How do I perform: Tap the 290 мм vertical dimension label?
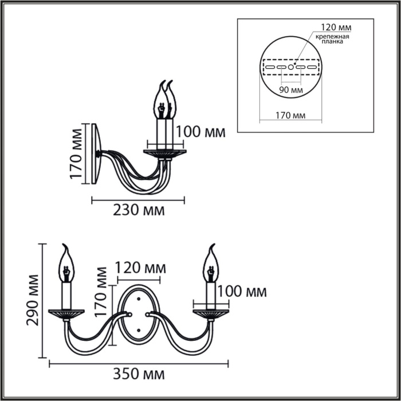(x=33, y=300)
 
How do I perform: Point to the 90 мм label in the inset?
(x=291, y=90)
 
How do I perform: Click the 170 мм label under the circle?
(x=291, y=116)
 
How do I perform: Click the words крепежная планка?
(x=332, y=39)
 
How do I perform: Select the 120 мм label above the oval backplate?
(x=140, y=268)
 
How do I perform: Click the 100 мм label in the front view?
(x=242, y=292)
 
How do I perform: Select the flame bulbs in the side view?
(x=165, y=100)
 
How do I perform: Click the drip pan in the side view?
(x=165, y=153)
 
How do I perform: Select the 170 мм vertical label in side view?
(x=76, y=154)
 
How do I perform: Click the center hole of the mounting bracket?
(x=291, y=67)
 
